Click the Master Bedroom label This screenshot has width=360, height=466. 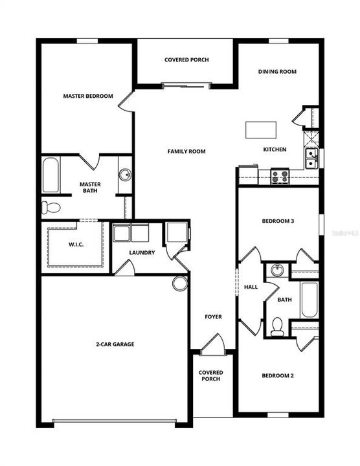coord(87,96)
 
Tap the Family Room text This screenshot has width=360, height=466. coord(186,151)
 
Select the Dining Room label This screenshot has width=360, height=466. coord(277,72)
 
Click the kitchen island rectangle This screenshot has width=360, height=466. coord(260,129)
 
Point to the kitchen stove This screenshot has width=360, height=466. coord(280,175)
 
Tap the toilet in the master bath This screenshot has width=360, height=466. coord(50,208)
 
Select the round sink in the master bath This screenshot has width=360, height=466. coord(125,175)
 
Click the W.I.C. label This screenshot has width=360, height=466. coord(76,245)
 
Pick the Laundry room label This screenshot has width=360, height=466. coord(141,252)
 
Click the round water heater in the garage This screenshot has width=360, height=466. coord(179,282)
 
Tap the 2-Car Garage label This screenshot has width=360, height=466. coord(114,344)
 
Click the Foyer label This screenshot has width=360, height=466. coord(213,317)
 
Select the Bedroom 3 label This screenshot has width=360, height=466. coord(278,221)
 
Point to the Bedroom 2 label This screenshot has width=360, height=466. coord(278,375)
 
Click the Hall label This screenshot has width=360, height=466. coord(251,287)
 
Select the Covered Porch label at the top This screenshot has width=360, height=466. coord(186,60)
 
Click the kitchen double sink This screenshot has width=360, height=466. coord(311,158)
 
